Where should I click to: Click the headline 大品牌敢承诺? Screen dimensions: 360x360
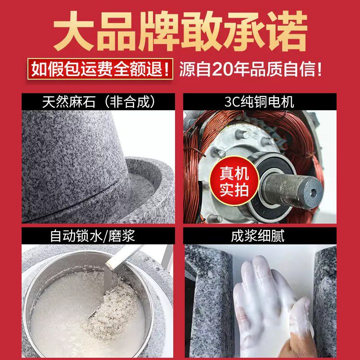pos(180,31)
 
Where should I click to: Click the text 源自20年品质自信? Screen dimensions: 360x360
pos(251,70)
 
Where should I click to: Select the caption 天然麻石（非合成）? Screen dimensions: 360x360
pos(99,102)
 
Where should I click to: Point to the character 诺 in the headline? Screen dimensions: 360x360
pos(288,31)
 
